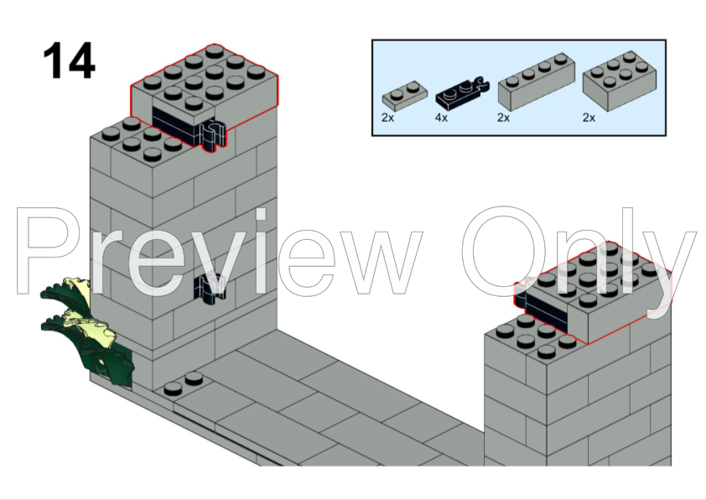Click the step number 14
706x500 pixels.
[69, 60]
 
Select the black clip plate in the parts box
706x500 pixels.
[461, 93]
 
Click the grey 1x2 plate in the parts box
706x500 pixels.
[405, 96]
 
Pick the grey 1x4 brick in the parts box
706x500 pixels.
[537, 81]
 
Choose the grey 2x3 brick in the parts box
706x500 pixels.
[620, 81]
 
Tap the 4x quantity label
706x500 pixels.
[441, 117]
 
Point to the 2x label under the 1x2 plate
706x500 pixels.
[387, 117]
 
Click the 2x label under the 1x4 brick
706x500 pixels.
[503, 117]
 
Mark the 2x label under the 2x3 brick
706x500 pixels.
[589, 117]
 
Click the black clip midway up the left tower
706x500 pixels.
[210, 289]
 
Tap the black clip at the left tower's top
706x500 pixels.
[212, 135]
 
